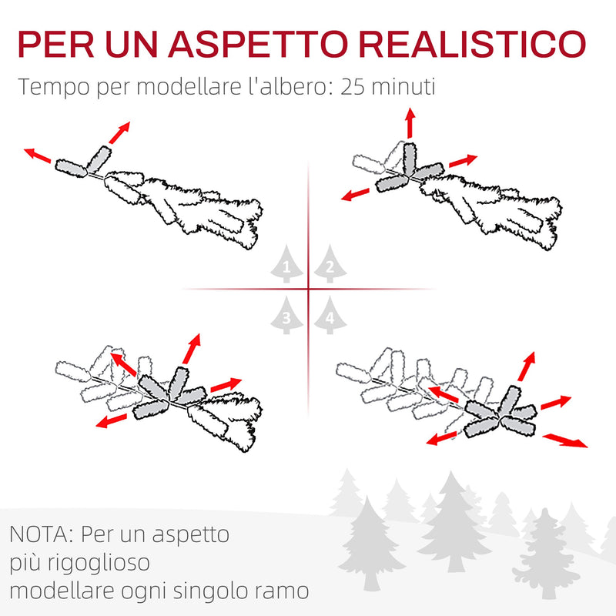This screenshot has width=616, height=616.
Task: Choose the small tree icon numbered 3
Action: click(286, 315)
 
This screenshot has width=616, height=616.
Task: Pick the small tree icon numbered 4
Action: click(330, 315)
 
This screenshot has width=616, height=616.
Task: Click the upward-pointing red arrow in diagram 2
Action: click(410, 123)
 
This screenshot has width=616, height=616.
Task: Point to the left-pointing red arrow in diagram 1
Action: click(38, 156)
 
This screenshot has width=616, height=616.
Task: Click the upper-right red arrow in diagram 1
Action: click(118, 132)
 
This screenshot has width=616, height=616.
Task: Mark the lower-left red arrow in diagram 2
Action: click(358, 192)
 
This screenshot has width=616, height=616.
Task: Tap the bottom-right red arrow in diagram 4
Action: click(565, 440)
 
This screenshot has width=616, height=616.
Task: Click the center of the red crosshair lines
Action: click(308, 290)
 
